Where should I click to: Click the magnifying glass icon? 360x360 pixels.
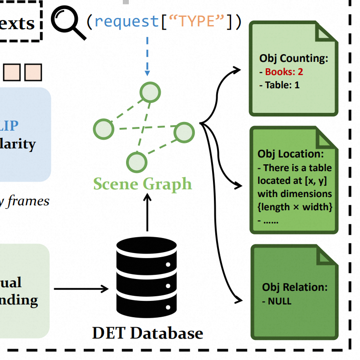[x=68, y=23]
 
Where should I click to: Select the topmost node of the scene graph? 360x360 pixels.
[x=150, y=93]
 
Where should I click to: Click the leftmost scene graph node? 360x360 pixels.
[x=103, y=129]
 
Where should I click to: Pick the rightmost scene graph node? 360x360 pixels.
[x=184, y=132]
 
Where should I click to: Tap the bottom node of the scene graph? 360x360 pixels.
[x=137, y=162]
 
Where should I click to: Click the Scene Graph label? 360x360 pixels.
[x=142, y=184]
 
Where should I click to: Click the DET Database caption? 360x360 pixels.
[x=147, y=333]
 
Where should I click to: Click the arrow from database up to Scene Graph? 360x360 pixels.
[x=147, y=214]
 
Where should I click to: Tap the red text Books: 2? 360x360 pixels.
[x=284, y=71]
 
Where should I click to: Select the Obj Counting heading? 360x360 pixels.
[x=294, y=58]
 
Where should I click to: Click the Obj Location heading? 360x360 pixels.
[x=290, y=154]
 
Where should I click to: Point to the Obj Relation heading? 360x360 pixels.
[x=294, y=287]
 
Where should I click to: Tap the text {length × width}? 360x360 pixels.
[x=295, y=208]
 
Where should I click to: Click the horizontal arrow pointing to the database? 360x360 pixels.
[x=81, y=289]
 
